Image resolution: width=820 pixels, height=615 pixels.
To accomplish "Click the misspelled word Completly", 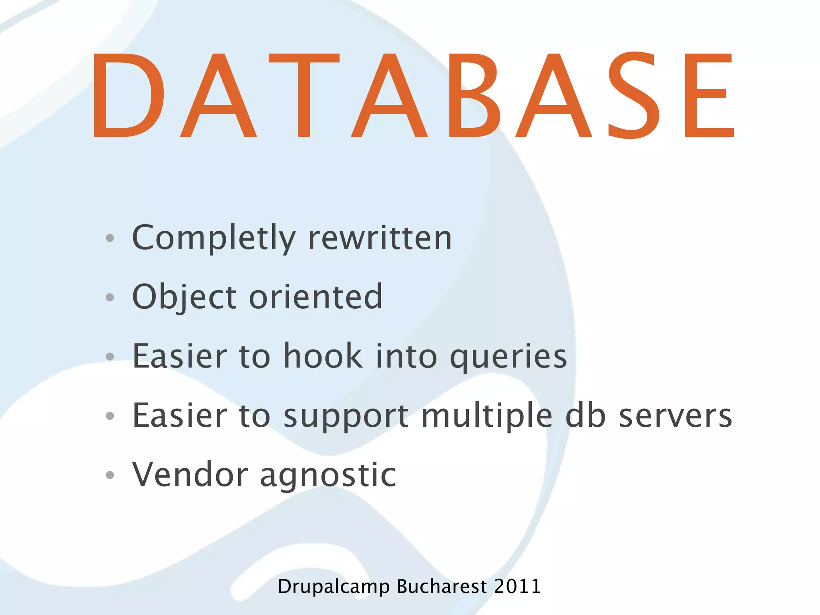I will (x=213, y=238).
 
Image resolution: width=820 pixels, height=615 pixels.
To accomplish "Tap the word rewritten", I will (x=380, y=238).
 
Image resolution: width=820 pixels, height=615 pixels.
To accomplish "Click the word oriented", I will (x=316, y=297).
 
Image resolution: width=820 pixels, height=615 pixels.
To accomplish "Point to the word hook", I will (x=323, y=356).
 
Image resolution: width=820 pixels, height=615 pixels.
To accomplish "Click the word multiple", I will (x=487, y=416).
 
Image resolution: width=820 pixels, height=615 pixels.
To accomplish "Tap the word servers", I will (x=675, y=416).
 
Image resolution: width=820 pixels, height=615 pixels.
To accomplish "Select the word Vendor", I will (x=190, y=474).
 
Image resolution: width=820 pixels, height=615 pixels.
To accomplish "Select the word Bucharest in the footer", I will (x=442, y=587).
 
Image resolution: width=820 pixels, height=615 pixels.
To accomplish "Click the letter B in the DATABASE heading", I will (x=474, y=95).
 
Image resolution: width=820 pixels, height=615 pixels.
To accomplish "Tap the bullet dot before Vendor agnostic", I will (x=110, y=475).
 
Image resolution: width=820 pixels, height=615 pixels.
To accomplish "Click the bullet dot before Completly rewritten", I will (x=110, y=239).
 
